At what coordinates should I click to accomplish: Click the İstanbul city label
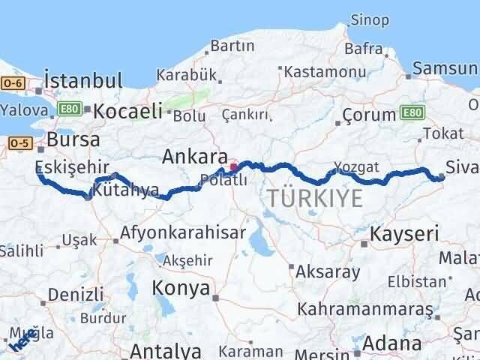coord(82,80)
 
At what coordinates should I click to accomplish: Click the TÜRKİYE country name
coord(315,199)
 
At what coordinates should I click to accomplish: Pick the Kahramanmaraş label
coord(367,308)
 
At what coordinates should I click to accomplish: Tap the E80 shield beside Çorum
coord(412,113)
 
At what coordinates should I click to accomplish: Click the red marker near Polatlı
coord(233,166)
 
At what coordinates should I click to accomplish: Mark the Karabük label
coord(187,74)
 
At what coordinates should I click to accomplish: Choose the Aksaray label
coord(327,271)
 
